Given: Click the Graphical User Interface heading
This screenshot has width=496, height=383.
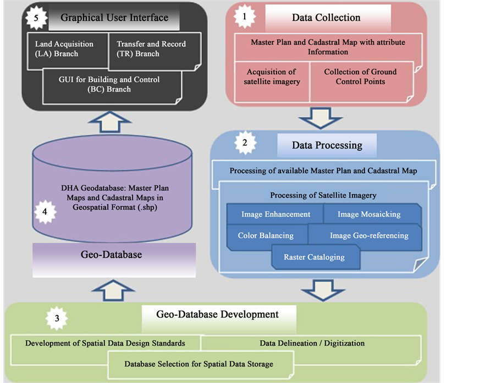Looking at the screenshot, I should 114,18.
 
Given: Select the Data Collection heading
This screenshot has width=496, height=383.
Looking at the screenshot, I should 326,18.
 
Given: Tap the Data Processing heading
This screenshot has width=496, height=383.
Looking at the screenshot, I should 327,146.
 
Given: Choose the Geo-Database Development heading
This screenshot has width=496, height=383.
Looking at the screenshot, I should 218,315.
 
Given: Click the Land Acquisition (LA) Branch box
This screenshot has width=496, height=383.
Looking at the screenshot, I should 64,49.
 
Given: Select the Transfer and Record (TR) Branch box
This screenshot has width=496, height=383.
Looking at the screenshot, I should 151,49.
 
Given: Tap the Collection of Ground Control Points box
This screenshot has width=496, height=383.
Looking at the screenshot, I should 360,76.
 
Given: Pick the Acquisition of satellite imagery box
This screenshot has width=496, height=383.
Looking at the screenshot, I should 271,76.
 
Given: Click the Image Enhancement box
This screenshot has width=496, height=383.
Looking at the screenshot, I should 275,214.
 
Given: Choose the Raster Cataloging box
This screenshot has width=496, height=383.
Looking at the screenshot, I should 314,257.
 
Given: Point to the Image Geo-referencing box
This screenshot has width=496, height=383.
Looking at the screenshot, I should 369,236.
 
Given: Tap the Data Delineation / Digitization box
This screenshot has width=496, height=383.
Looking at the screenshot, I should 312,343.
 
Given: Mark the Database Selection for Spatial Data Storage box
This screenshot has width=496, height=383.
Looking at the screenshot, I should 199,364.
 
